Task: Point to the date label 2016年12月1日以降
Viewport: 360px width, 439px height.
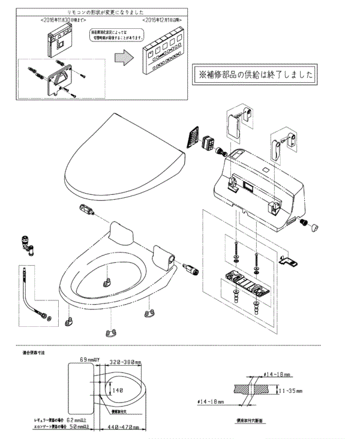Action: (x=158, y=20)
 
